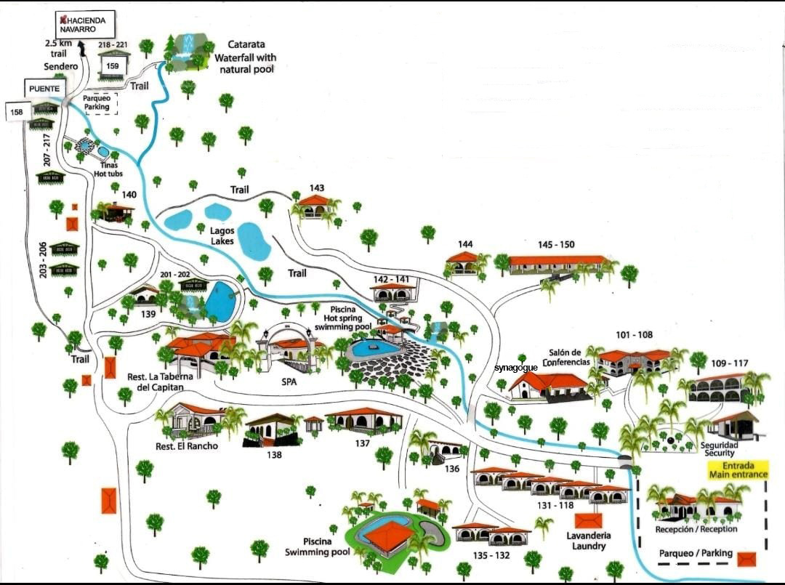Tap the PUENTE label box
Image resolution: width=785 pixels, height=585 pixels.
coord(45,89)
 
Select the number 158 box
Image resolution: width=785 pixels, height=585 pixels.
coord(17,112)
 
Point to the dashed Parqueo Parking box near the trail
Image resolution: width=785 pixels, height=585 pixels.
coord(97,102)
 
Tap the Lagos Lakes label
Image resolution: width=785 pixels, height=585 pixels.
coord(222,235)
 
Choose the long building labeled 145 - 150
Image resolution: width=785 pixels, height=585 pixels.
coord(557,264)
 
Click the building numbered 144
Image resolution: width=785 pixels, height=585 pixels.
coord(464,263)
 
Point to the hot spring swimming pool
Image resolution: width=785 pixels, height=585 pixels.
coord(374,349)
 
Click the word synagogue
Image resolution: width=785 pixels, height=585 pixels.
coord(515,368)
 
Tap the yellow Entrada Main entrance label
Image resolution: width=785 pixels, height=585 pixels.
coord(738,470)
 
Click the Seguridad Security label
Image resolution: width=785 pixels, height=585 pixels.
coord(719,449)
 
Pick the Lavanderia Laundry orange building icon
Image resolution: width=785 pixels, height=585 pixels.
coord(588,521)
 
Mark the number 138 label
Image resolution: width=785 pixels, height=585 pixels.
coord(273,455)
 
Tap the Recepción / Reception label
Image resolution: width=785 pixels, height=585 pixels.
coord(696,529)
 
